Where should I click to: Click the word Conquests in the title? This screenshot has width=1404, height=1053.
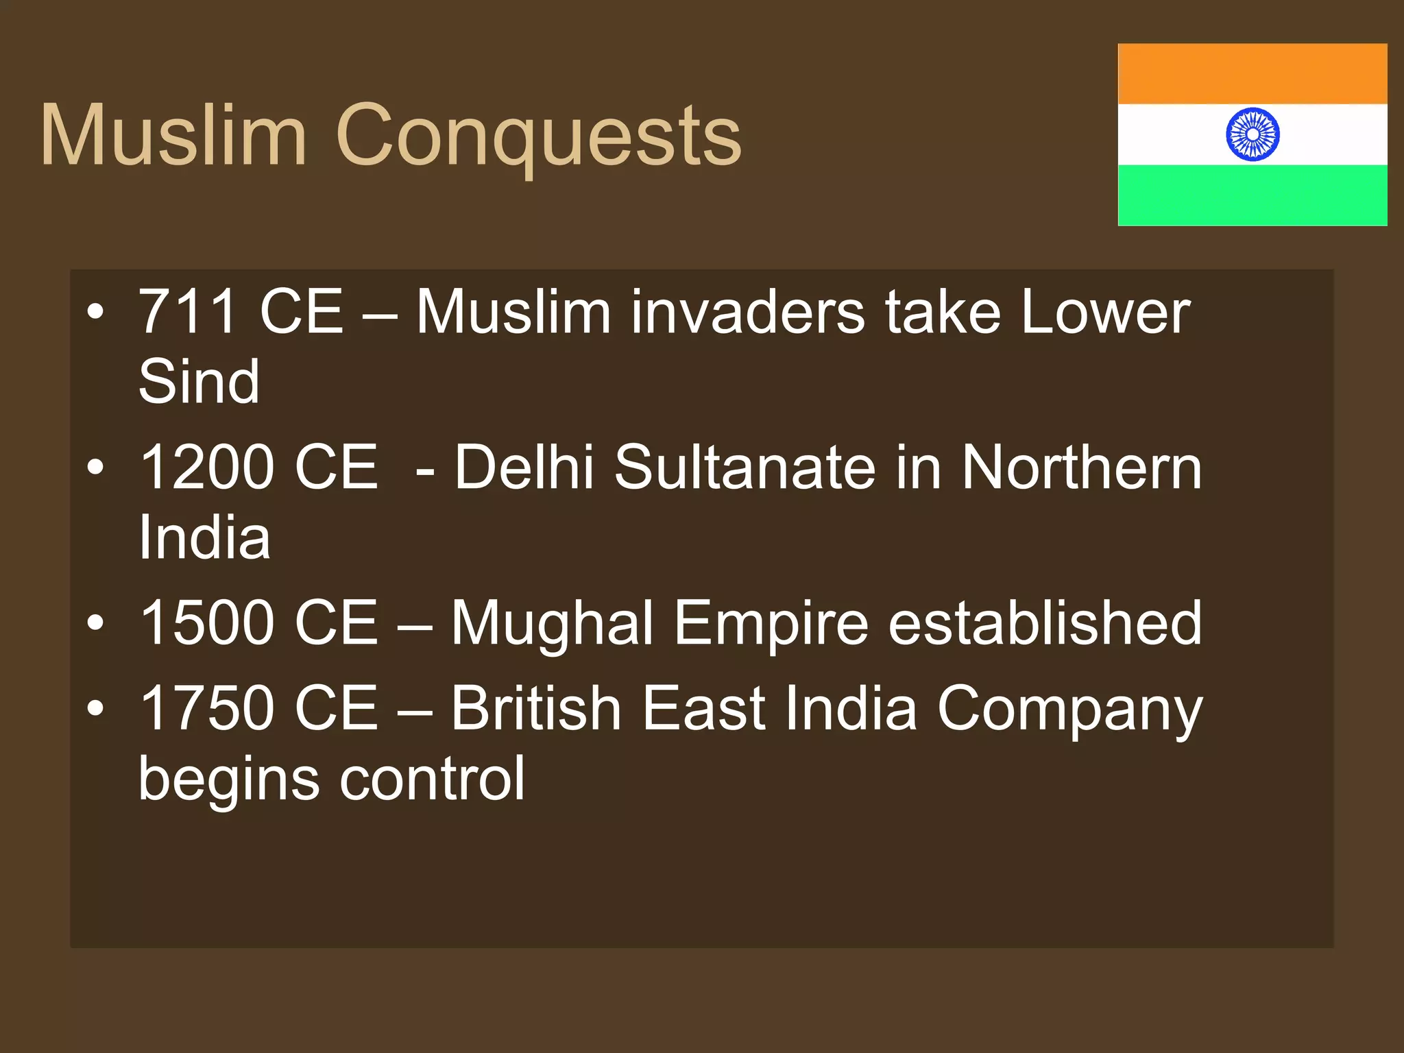coord(538,136)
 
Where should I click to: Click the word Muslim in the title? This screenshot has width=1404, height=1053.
coord(173,134)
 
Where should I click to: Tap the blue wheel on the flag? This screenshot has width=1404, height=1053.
coord(1252,134)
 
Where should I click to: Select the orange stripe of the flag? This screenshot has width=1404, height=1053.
coord(1252,74)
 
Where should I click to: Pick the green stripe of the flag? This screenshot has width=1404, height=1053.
coord(1252,195)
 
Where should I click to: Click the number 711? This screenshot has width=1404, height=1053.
coord(189,312)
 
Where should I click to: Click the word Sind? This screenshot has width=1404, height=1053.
coord(199,382)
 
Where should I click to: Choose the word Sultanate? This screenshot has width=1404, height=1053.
coord(745,468)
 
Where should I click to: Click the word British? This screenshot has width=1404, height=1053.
coord(535,708)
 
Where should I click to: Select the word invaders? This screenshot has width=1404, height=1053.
coord(747,313)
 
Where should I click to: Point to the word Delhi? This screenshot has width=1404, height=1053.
coord(524,468)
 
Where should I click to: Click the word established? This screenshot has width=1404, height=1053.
coord(1045,622)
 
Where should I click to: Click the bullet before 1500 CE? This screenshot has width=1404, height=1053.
coord(96,622)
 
